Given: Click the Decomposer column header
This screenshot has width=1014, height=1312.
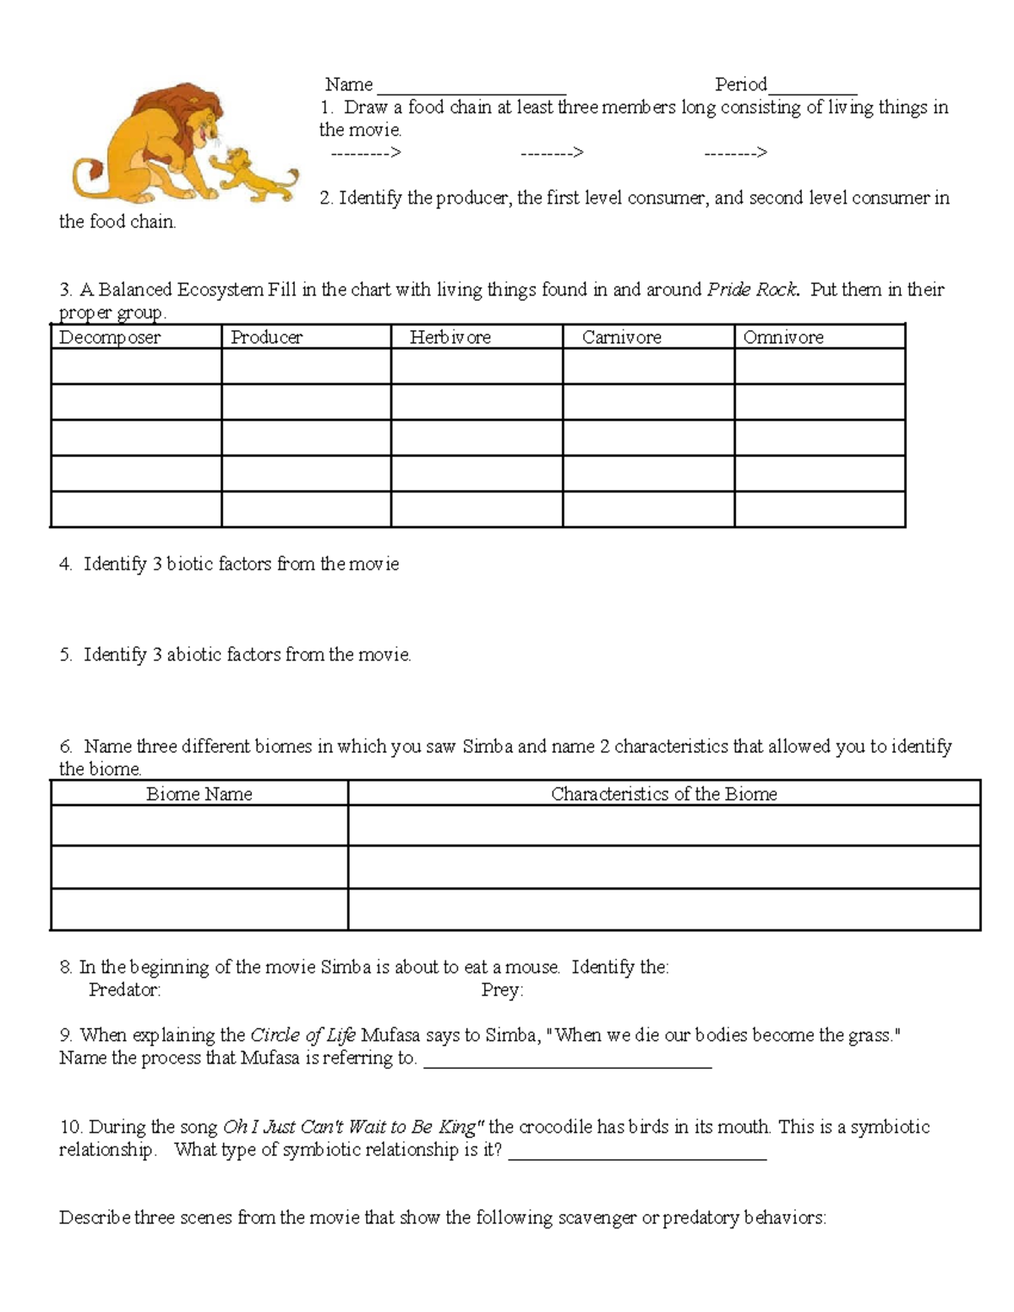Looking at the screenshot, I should coord(110,337).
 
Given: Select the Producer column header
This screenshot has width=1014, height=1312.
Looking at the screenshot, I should coord(267,337).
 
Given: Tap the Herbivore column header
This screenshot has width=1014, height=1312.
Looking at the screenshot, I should coord(450,337).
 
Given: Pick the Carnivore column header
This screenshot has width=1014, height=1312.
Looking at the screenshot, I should coord(621,337).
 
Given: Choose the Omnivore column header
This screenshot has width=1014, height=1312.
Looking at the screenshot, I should coord(782,337).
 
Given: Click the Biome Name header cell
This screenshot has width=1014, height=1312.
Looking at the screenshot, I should coord(199,793).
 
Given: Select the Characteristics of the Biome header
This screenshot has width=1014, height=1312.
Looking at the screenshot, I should coord(663,793).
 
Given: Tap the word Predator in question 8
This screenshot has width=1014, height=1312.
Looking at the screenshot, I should coord(124,989).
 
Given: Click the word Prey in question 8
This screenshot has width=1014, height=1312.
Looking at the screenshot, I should coord(502,989).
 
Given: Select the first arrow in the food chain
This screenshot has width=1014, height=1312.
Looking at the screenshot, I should coord(365,153).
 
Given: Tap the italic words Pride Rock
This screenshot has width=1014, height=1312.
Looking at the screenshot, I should coord(752,290).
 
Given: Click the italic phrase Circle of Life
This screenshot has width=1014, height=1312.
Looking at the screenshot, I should coord(303,1035).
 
